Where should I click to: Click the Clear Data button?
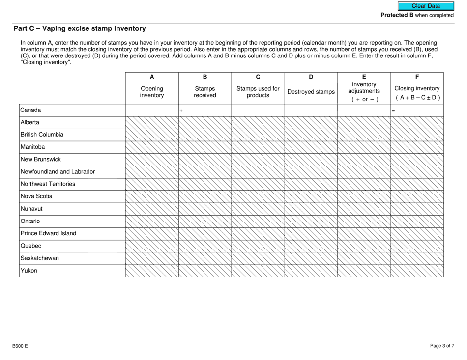[426, 6]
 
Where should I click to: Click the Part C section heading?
[80, 29]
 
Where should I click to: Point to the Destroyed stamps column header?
[311, 92]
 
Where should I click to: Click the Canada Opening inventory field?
[152, 111]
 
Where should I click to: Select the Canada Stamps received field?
[206, 111]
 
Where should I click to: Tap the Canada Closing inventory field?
[419, 111]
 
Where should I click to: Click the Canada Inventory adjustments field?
[364, 111]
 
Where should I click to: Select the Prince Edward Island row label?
[48, 233]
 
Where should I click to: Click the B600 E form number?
[20, 346]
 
